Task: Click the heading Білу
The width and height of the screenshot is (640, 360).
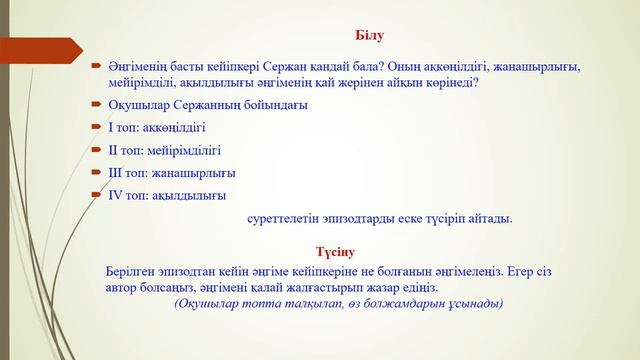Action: [368, 37]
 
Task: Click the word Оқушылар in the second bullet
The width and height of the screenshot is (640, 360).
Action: [138, 104]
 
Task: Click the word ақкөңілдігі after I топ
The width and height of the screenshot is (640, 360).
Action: [176, 127]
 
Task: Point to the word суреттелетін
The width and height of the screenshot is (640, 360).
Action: [284, 217]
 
